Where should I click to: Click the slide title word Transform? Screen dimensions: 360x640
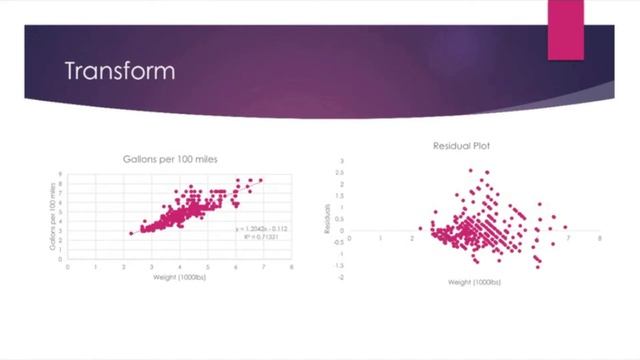click(120, 72)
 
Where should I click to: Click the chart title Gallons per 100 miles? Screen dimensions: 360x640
click(178, 161)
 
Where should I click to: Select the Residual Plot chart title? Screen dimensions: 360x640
click(468, 146)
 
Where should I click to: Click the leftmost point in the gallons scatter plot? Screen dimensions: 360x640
click(130, 233)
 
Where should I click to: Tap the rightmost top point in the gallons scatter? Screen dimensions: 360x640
click(262, 181)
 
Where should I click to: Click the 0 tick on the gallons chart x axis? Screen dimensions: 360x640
click(67, 267)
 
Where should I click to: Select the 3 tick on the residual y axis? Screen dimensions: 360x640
click(341, 160)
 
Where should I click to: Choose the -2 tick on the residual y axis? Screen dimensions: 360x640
click(340, 277)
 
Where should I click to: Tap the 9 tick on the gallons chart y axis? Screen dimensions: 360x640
click(60, 173)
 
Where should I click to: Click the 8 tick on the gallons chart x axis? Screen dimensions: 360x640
click(291, 267)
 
